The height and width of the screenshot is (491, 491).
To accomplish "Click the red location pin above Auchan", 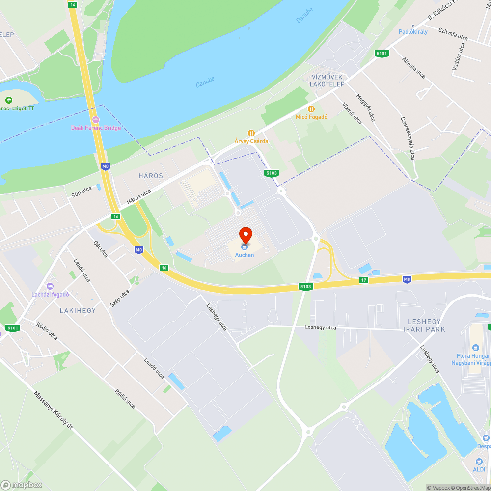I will [245, 234].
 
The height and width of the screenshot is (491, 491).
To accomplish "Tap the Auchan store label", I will [245, 255].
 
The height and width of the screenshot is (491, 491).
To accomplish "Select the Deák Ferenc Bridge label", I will [96, 128].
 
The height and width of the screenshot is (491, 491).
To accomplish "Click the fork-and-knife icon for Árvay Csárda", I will [251, 133].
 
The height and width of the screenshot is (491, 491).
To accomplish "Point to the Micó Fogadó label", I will [311, 117].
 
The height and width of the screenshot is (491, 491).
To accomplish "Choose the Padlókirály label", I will [413, 32].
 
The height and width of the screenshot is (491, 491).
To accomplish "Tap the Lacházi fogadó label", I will [50, 295].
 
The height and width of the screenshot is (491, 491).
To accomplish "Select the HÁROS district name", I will [151, 175].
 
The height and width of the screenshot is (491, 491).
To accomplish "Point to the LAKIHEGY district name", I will [78, 310].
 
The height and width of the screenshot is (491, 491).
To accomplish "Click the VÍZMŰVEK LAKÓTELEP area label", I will [328, 81].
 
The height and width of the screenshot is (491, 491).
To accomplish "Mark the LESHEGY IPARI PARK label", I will [423, 326].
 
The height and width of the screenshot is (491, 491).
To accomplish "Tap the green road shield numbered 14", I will [73, 4].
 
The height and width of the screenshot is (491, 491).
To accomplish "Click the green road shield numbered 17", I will [363, 280].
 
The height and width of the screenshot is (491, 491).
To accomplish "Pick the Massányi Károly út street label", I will [53, 410].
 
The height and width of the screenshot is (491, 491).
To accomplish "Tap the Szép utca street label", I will [119, 298].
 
